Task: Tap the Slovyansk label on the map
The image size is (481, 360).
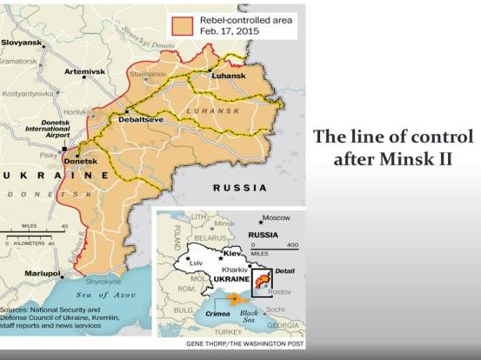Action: point(23,42)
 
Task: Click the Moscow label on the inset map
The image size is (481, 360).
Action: point(277,217)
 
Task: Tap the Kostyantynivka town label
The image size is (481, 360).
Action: point(28,92)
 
